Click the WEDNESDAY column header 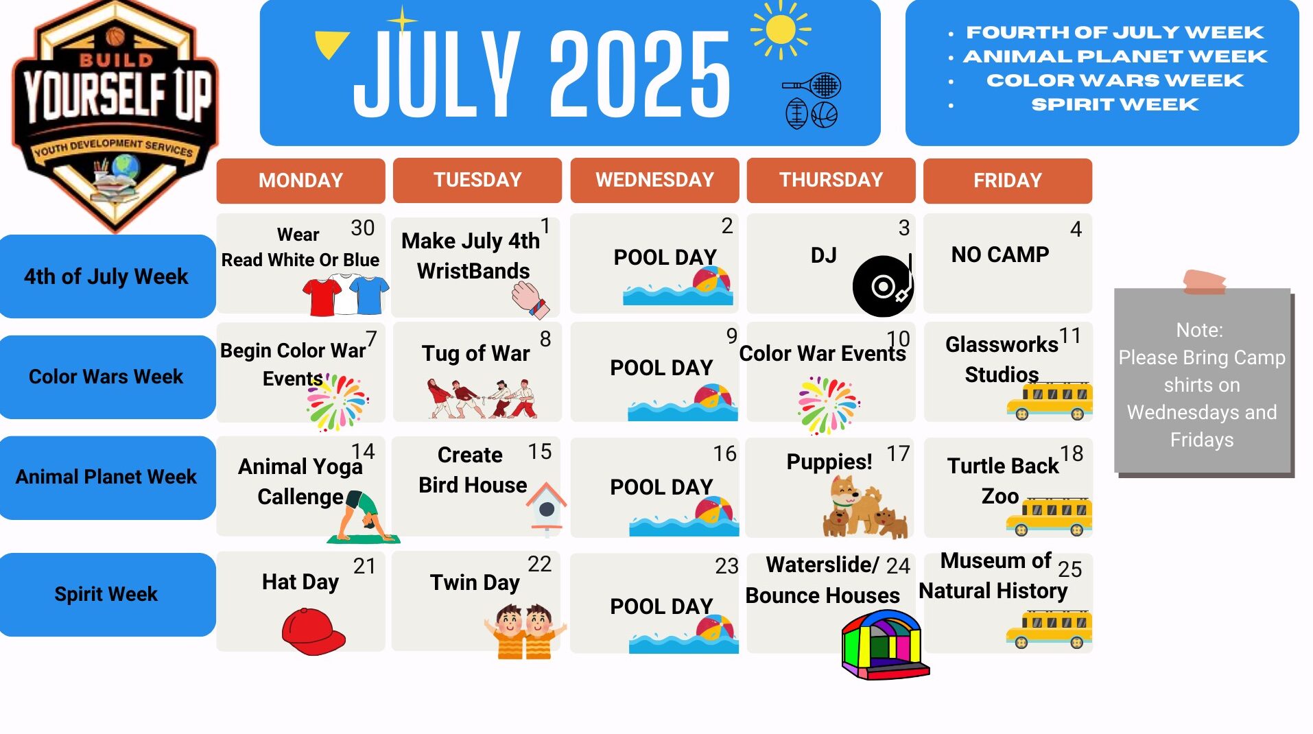tap(654, 180)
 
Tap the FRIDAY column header tap(1007, 180)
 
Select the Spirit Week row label tap(107, 594)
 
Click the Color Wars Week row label tap(107, 377)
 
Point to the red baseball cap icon tap(314, 631)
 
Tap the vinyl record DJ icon tap(884, 285)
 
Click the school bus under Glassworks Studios tap(1049, 401)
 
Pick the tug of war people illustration tap(482, 398)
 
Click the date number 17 tap(898, 453)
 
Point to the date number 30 tap(363, 228)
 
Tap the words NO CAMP tap(1000, 254)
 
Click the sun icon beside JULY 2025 tap(781, 29)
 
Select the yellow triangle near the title tap(332, 45)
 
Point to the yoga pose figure tap(364, 517)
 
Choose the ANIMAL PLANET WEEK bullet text tap(1115, 56)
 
